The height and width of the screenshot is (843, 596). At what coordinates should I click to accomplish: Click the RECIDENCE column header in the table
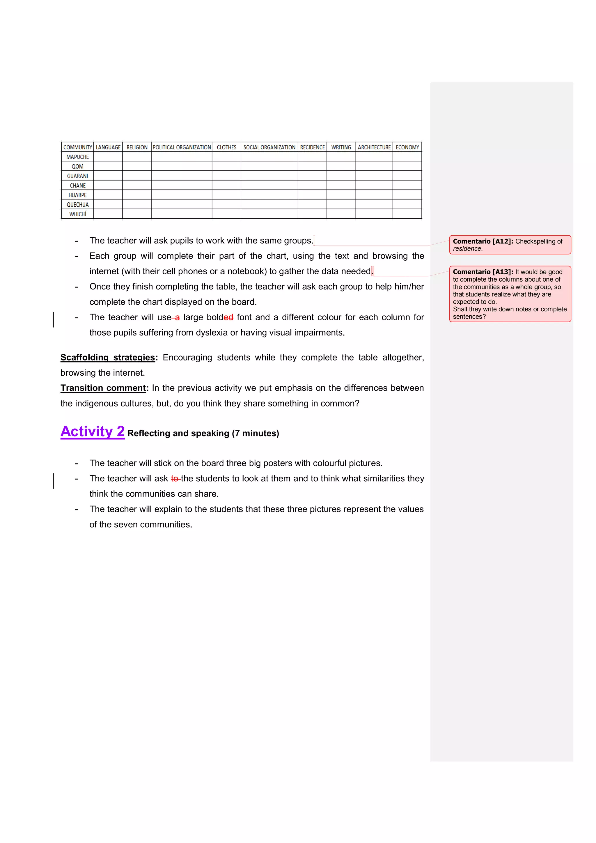(312, 147)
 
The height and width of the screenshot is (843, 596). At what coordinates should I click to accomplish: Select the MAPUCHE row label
(77, 157)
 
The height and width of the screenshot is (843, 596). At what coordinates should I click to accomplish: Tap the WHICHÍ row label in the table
(77, 214)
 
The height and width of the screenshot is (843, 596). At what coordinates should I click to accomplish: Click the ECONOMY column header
(407, 147)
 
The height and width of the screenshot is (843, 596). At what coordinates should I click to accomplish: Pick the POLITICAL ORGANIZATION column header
(182, 147)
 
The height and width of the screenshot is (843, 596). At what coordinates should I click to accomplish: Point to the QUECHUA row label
(77, 204)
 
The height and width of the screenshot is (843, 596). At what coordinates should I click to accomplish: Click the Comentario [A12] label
(483, 241)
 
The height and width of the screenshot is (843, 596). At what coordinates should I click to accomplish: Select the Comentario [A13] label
(483, 272)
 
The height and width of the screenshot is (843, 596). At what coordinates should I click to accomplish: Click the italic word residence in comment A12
(467, 249)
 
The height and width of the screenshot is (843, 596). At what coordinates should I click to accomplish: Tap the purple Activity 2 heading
(93, 432)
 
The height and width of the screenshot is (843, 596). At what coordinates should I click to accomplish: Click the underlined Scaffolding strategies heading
(107, 357)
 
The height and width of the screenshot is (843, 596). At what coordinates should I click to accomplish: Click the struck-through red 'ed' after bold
(228, 317)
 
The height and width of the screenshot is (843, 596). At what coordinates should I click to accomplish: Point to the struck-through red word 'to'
(175, 478)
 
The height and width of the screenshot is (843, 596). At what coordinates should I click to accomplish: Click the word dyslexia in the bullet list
(211, 333)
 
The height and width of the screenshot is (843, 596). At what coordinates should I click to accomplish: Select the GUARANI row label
(77, 176)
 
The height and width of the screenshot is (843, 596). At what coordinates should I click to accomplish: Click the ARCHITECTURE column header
(374, 147)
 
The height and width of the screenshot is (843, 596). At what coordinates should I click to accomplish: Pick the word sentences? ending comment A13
(469, 317)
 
